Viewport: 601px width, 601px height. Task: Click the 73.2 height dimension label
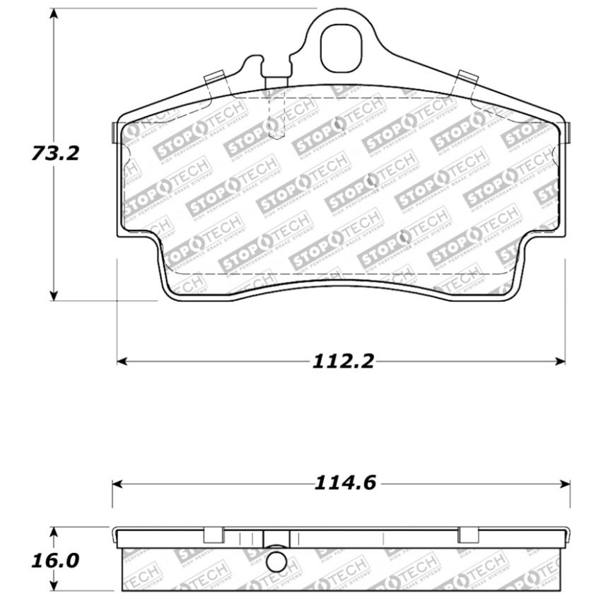tap(54, 153)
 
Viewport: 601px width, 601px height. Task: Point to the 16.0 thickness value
tap(54, 561)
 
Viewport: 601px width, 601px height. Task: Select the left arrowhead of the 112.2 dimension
tap(122, 361)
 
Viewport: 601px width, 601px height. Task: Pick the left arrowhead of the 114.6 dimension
tap(117, 484)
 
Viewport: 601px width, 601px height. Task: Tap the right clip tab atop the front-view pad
tap(467, 79)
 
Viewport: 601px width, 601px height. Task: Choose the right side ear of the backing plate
tap(568, 131)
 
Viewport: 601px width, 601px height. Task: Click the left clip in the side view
tap(214, 535)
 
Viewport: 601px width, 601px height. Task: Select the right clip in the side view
tap(468, 535)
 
